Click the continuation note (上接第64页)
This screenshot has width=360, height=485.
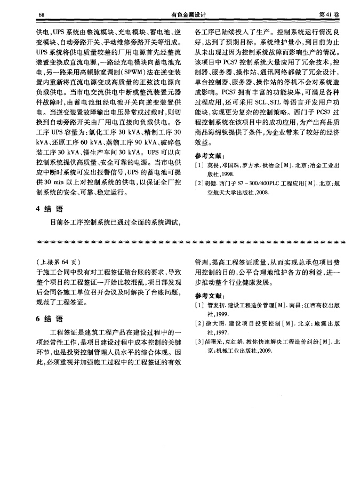click(x=58, y=262)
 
